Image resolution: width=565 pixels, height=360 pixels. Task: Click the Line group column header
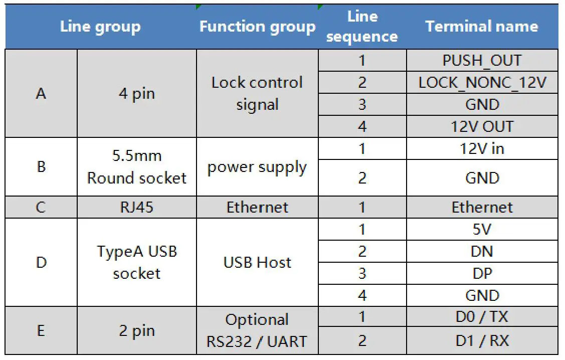(100, 27)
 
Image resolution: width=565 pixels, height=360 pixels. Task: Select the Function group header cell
(257, 27)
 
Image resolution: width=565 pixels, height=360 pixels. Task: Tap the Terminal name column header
(481, 27)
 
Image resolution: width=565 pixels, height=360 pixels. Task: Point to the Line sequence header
(362, 27)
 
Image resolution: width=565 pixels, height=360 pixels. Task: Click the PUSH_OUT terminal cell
(482, 61)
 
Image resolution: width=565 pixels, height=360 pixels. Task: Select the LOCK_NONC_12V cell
(482, 83)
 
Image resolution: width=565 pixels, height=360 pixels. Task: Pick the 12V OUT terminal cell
(482, 126)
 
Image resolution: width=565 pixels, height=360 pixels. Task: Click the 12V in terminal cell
(482, 149)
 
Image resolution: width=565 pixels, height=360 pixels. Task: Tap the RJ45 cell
(137, 207)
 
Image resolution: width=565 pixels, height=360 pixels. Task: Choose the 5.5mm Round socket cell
(137, 167)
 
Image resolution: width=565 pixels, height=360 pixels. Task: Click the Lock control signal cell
(257, 93)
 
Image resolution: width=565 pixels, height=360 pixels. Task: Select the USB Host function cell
(257, 262)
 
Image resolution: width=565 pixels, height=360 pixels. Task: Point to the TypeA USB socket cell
(137, 262)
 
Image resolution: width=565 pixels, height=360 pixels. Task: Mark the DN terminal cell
(482, 251)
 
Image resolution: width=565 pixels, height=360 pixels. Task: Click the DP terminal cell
(482, 273)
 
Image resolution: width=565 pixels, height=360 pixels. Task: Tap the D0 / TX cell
(482, 317)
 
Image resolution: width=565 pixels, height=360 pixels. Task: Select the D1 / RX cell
(482, 341)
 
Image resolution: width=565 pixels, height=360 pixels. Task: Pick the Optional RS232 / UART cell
(257, 330)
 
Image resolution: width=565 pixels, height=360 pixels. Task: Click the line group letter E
(41, 331)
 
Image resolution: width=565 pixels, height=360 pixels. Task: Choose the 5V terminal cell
(482, 229)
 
